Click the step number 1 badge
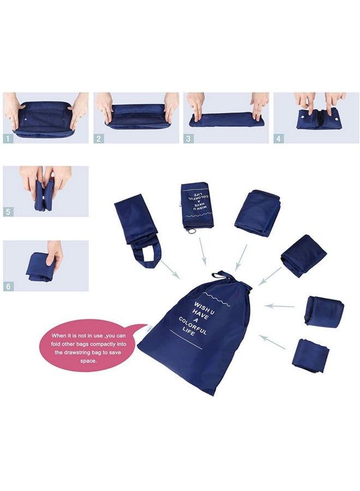[8, 139]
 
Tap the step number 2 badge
[99, 139]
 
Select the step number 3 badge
[188, 139]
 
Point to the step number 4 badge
[279, 139]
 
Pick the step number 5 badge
[8, 212]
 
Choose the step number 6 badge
[8, 286]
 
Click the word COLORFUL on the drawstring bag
[193, 326]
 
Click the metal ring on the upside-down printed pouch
[192, 231]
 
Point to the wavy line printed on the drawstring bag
[217, 299]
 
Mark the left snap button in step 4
[303, 116]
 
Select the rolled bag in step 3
[226, 119]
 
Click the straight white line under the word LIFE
[186, 339]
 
